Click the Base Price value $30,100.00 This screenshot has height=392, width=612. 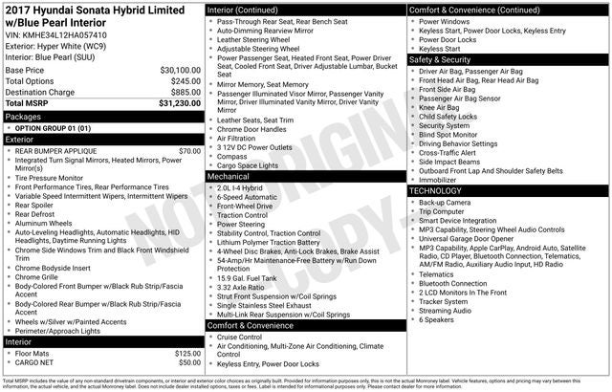point(179,71)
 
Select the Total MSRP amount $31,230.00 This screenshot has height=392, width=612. point(179,104)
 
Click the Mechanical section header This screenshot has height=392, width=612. point(229,177)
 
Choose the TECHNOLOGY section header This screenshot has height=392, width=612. point(444,191)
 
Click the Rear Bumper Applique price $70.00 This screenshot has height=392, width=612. point(189,151)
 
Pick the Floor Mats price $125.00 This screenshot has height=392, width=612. point(187,354)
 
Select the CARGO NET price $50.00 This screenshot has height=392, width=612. point(189,363)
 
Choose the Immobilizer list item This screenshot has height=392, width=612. point(438,179)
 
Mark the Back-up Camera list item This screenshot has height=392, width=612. point(445,203)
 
